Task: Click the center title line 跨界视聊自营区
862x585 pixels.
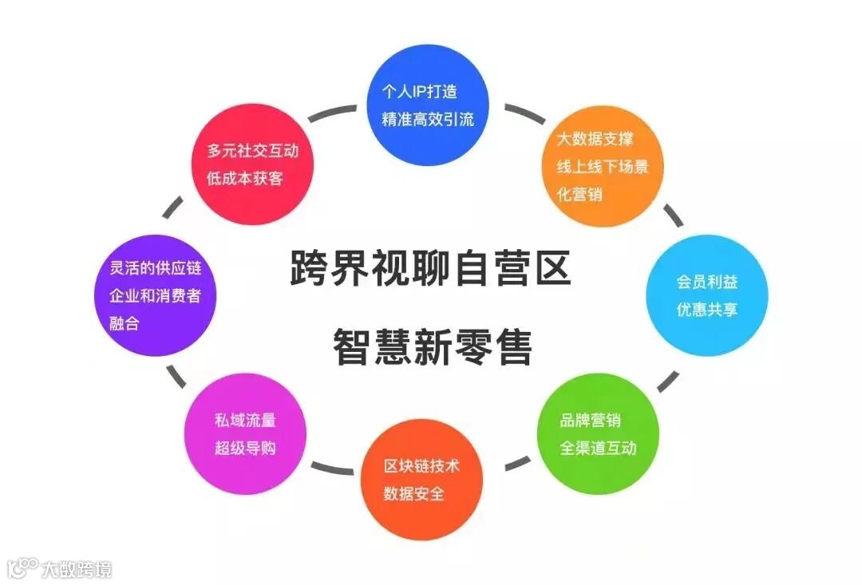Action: click(x=430, y=269)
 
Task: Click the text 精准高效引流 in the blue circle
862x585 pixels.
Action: click(x=428, y=120)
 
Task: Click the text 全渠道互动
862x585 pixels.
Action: click(x=598, y=447)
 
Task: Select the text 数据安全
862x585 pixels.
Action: click(x=414, y=493)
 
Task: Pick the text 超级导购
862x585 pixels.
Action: click(x=245, y=448)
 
